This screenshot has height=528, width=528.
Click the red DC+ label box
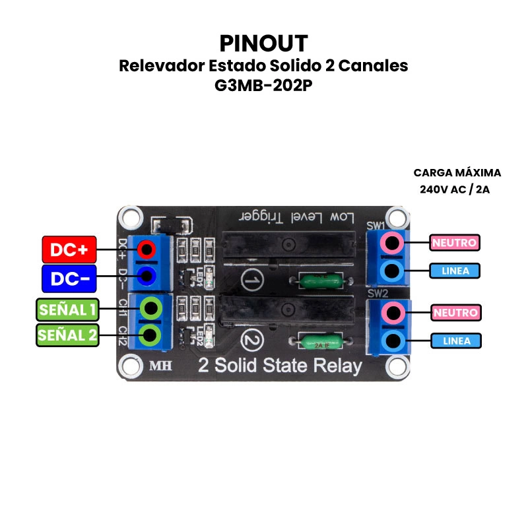pos(69,249)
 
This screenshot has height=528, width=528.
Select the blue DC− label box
pos(69,279)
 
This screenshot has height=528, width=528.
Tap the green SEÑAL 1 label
pos(67,309)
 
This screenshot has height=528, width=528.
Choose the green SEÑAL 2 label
pos(67,335)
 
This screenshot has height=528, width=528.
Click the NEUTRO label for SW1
pos(454,242)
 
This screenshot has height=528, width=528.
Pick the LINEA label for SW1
pos(454,271)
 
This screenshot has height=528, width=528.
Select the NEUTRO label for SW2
pos(454,312)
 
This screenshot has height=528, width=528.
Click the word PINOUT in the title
pos(263,44)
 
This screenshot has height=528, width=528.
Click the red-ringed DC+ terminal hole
pos(147,249)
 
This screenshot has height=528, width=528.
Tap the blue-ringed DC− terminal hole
pos(147,275)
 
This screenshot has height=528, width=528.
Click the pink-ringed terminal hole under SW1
pos(393,243)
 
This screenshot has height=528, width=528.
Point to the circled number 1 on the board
pos(251,280)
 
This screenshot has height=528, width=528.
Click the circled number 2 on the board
pos(251,341)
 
